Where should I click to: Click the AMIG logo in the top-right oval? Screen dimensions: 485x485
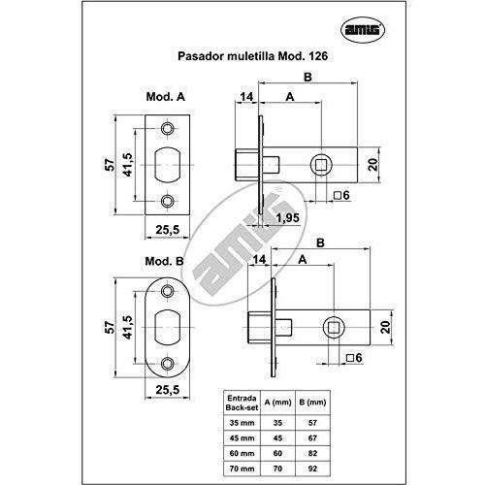click(x=363, y=30)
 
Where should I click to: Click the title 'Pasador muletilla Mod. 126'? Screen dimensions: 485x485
click(x=253, y=56)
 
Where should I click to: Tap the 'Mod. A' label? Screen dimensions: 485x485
click(x=166, y=97)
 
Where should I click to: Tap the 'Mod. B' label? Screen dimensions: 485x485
click(x=164, y=261)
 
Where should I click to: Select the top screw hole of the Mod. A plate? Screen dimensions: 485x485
click(x=167, y=129)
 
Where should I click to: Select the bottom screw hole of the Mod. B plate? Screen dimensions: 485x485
click(x=167, y=364)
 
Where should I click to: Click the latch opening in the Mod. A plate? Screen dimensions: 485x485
click(x=167, y=165)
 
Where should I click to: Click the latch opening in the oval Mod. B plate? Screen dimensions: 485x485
click(x=167, y=328)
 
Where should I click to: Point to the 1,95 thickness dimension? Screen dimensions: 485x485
click(x=288, y=217)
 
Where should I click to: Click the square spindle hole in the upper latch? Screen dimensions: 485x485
click(x=321, y=165)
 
